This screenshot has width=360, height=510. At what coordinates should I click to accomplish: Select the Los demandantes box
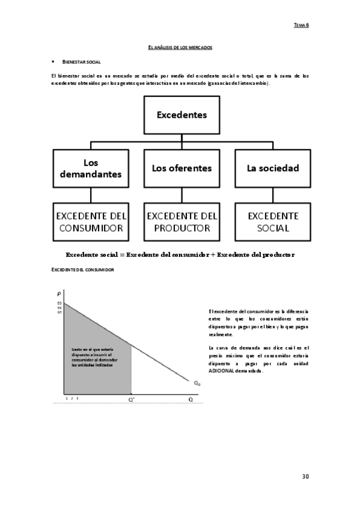[x=90, y=168]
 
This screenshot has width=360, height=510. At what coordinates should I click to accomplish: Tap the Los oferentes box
[x=182, y=168]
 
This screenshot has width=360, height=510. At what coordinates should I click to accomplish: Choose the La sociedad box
[x=272, y=168]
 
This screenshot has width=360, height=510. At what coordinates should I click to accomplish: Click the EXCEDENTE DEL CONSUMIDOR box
[x=90, y=221]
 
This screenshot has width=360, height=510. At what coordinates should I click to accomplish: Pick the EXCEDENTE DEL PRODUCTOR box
[x=182, y=221]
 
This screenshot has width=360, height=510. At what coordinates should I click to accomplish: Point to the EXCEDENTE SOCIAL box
[x=272, y=221]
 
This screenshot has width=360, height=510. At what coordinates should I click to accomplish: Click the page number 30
[x=305, y=476]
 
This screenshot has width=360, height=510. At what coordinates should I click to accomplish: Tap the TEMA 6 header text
[x=301, y=25]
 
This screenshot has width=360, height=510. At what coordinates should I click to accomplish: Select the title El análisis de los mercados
[x=180, y=46]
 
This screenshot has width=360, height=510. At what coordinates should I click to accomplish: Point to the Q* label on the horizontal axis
[x=131, y=399]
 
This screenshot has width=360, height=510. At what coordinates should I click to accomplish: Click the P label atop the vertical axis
[x=59, y=293]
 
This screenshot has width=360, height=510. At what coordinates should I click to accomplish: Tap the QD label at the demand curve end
[x=197, y=382]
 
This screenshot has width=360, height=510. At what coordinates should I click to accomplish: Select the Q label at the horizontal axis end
[x=191, y=399]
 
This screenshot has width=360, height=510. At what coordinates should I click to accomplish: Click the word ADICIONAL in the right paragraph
[x=221, y=370]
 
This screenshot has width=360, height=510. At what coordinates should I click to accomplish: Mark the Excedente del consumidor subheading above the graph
[x=83, y=270]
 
